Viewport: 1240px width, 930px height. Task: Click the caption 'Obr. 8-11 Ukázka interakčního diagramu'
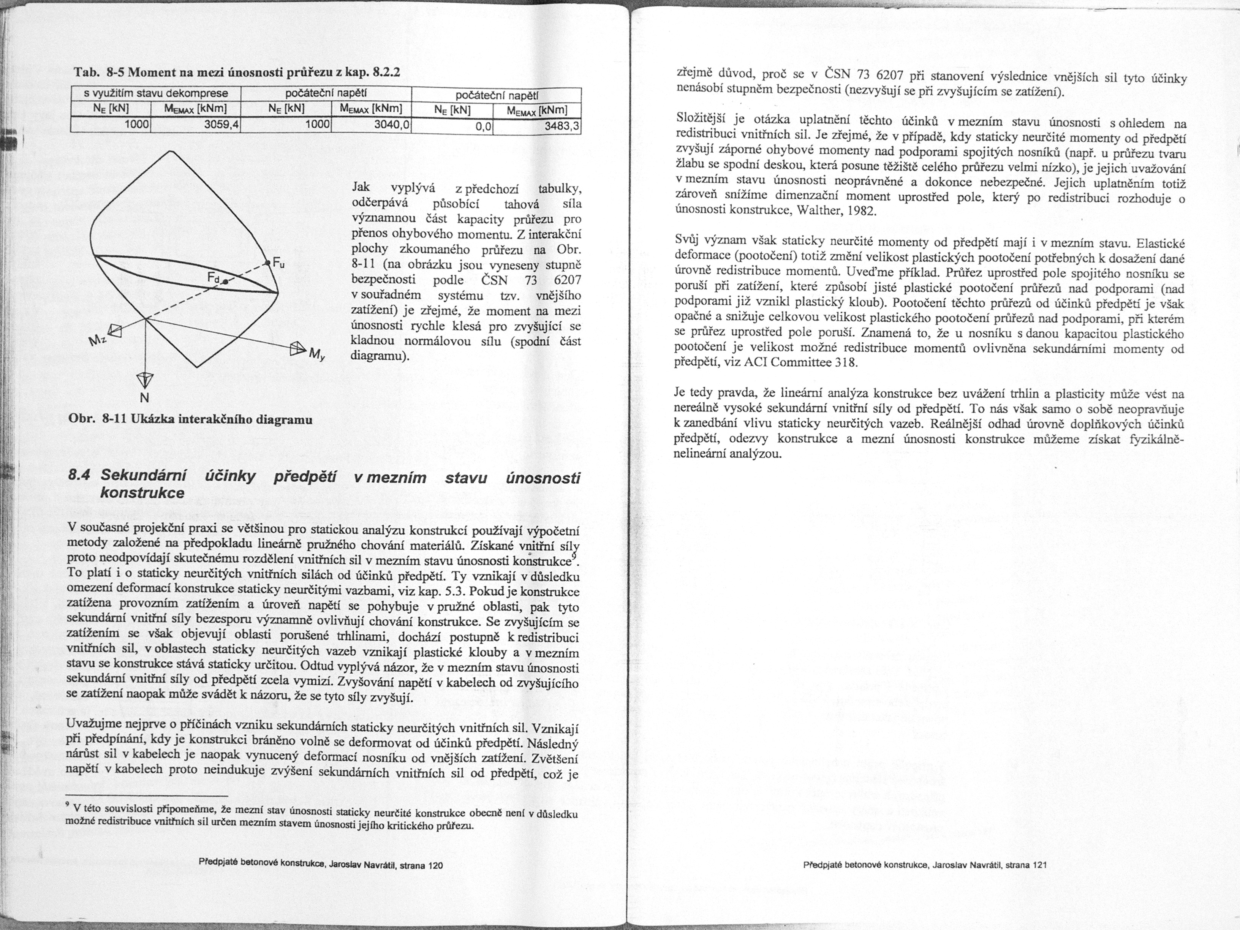[x=190, y=419]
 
